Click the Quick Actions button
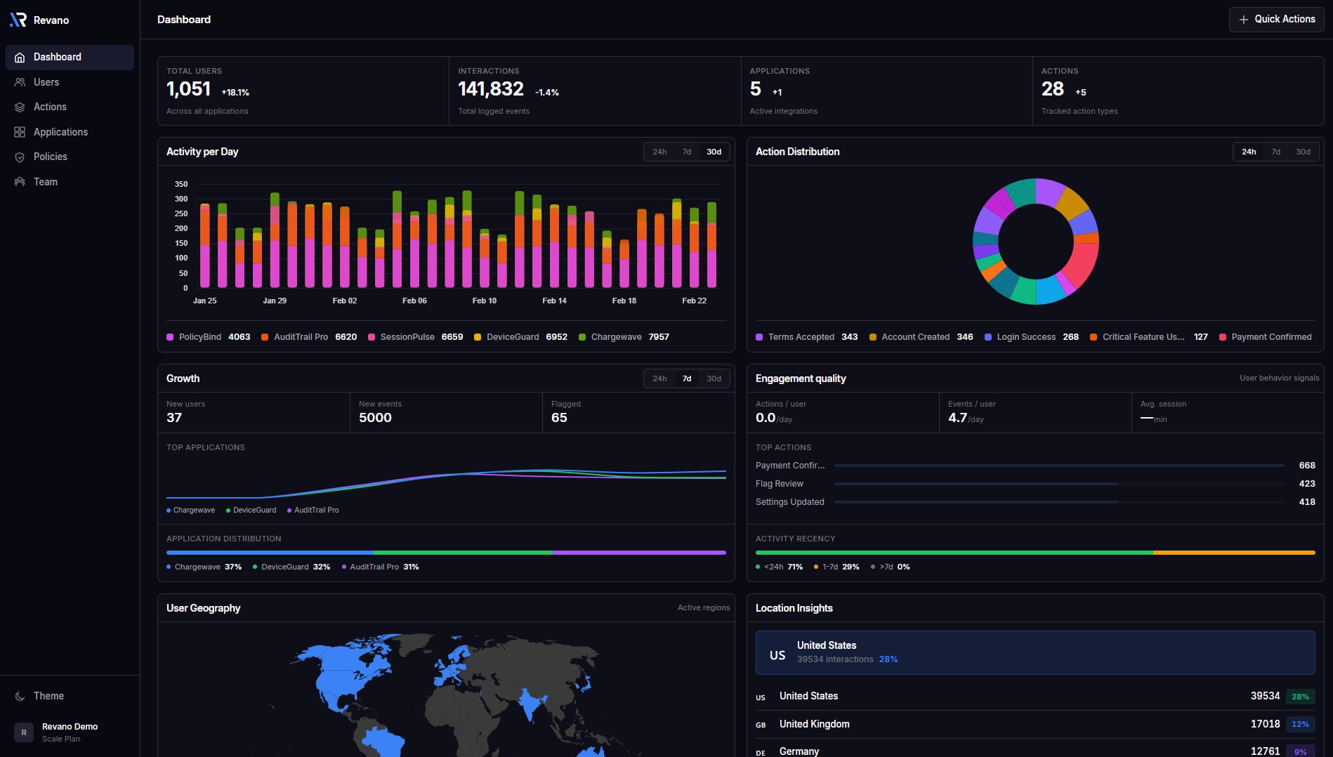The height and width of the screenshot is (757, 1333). coord(1276,20)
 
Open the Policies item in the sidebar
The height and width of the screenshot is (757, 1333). coord(51,157)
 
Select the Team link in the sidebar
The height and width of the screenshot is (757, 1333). coord(46,182)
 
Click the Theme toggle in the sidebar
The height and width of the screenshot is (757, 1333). coord(48,696)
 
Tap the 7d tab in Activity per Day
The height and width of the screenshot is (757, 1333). coord(687,152)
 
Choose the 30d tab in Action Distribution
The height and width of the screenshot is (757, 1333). coord(1303,152)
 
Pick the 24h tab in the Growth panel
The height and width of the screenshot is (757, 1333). coord(659,378)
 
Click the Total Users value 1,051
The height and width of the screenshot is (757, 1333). coord(188,89)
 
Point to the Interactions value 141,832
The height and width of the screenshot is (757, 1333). coord(491,89)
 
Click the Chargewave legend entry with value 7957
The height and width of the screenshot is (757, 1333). coord(624,337)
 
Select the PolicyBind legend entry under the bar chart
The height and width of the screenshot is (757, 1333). coord(208,337)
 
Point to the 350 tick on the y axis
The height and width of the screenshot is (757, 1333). coord(181,184)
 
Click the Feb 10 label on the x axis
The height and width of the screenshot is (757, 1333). coord(484,301)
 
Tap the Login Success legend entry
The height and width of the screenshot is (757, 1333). coord(1031,337)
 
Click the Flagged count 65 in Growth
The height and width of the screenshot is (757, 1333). coord(559,418)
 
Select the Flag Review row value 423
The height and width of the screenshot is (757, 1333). coord(1306,484)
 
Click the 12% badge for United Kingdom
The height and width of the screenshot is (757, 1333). coord(1300,724)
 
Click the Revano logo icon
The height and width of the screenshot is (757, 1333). coord(18,20)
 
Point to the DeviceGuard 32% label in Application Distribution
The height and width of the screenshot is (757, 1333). coord(295,567)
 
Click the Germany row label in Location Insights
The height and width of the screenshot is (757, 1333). coord(799,751)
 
